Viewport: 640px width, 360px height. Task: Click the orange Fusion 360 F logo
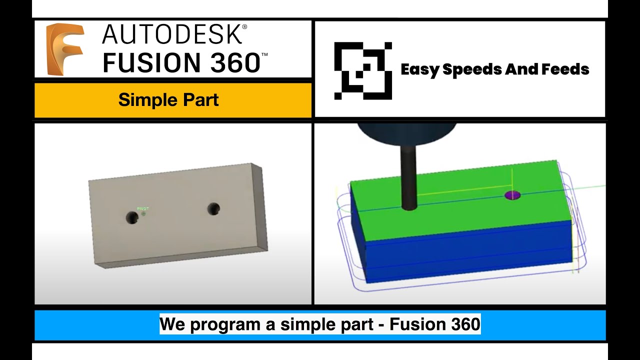pyautogui.click(x=64, y=49)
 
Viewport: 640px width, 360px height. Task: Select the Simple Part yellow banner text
pyautogui.click(x=168, y=100)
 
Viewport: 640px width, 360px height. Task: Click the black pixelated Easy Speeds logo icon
pyautogui.click(x=362, y=70)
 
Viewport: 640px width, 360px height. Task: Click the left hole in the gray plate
pyautogui.click(x=131, y=217)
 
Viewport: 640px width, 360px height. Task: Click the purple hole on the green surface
pyautogui.click(x=512, y=195)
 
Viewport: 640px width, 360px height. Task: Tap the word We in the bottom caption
pyautogui.click(x=172, y=325)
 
